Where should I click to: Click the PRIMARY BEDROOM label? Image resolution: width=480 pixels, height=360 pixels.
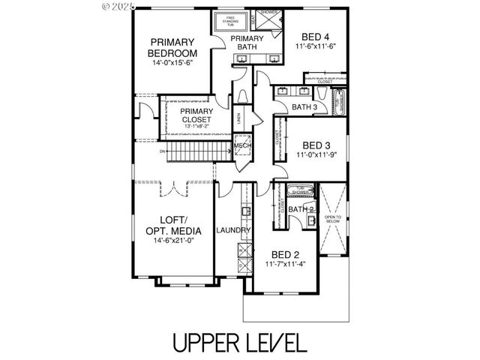coord(172,48)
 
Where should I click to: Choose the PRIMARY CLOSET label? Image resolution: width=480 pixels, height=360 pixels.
coord(196,115)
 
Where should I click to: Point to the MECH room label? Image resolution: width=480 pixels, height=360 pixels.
coord(242,146)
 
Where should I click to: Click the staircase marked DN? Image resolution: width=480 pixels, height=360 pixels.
coord(195,154)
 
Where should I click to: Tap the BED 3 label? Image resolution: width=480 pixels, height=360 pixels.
coord(317,145)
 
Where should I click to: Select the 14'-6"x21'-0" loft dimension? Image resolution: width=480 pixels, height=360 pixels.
coord(174,241)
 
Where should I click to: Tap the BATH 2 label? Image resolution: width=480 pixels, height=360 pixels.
coord(300,209)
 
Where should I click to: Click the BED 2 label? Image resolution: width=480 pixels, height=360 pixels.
coord(285,253)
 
